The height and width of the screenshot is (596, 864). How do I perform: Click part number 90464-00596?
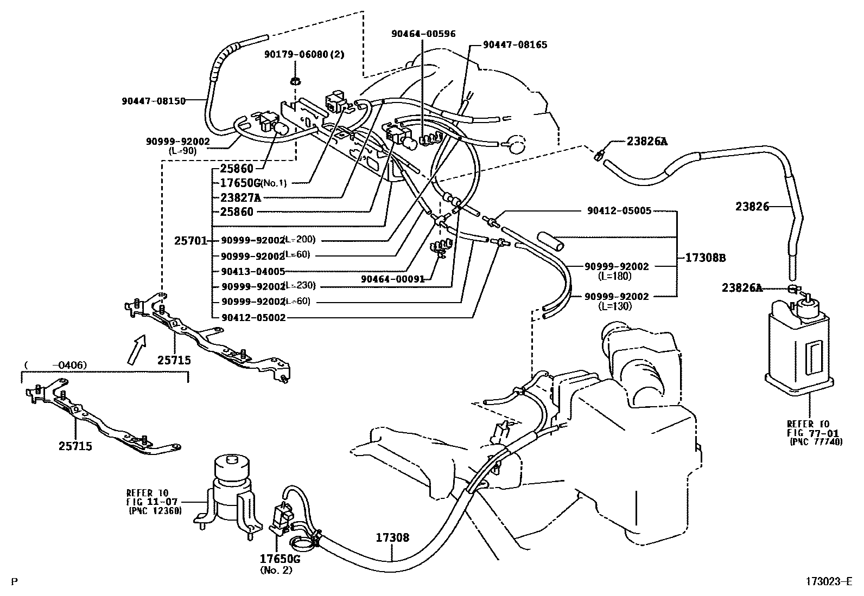pyautogui.click(x=423, y=34)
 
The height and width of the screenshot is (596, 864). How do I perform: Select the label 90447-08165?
pyautogui.click(x=515, y=44)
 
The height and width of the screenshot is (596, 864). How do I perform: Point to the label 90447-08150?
pyautogui.click(x=154, y=100)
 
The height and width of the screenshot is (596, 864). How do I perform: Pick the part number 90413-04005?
pyautogui.click(x=253, y=271)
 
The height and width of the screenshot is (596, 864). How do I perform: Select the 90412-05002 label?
pyautogui.click(x=253, y=318)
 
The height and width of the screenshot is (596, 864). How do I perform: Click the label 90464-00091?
pyautogui.click(x=393, y=279)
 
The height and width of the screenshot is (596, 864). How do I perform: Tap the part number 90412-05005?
pyautogui.click(x=619, y=210)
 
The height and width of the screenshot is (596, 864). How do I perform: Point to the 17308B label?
pyautogui.click(x=704, y=258)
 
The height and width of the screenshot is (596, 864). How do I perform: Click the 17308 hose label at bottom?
pyautogui.click(x=392, y=538)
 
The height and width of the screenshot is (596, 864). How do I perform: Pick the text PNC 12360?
pyautogui.click(x=155, y=511)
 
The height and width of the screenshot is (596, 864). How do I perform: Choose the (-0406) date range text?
pyautogui.click(x=55, y=366)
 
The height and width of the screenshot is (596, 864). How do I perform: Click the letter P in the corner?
pyautogui.click(x=15, y=582)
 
